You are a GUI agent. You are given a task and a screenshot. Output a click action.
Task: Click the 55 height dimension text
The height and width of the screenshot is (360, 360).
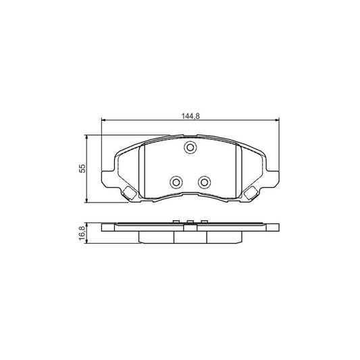pyautogui.click(x=82, y=168)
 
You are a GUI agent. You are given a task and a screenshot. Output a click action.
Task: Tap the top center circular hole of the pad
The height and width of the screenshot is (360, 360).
pyautogui.click(x=190, y=149)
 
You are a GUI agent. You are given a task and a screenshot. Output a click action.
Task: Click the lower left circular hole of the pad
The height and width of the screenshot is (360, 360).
pyautogui.click(x=176, y=182)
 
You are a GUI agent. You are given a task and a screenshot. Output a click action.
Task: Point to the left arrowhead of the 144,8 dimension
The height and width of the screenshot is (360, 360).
pyautogui.click(x=104, y=122)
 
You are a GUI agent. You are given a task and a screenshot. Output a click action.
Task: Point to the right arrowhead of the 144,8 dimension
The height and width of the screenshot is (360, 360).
pyautogui.click(x=276, y=122)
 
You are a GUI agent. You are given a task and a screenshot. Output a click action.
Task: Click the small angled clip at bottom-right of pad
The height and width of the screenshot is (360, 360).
pyautogui.click(x=251, y=193)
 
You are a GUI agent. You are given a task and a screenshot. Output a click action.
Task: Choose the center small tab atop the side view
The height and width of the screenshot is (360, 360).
pyautogui.click(x=190, y=221)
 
